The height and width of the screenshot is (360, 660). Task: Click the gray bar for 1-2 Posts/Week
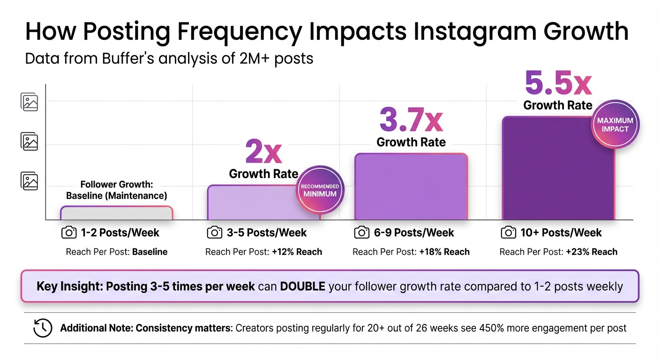(x=116, y=213)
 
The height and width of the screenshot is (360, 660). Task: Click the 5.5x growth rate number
(x=558, y=83)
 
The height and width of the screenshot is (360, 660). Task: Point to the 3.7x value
(x=411, y=120)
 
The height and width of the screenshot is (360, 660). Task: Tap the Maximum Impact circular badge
(x=615, y=125)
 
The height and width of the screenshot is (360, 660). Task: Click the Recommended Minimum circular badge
(x=319, y=190)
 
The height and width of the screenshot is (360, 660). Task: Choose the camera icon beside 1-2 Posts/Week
(x=69, y=232)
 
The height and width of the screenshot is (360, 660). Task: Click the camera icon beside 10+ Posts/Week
(x=509, y=232)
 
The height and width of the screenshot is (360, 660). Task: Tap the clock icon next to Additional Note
(x=43, y=328)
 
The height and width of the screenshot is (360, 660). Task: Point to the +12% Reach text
(x=297, y=252)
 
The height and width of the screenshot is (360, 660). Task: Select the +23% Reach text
(x=592, y=252)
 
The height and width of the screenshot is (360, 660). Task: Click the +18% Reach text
(x=444, y=252)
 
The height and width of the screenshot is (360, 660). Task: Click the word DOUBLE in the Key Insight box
(x=302, y=286)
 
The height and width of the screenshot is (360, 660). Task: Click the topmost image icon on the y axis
(x=29, y=102)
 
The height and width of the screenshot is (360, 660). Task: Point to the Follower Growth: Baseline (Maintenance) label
(x=116, y=190)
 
